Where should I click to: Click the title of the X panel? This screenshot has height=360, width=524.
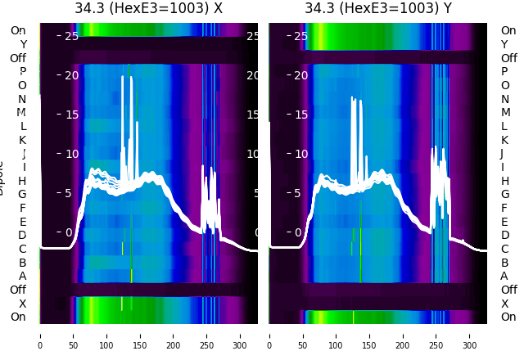coord(148,8)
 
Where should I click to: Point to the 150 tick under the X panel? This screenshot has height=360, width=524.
coord(140,335)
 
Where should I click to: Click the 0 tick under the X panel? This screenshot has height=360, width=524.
coord(40,335)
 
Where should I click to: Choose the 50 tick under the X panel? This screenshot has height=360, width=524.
coord(73,335)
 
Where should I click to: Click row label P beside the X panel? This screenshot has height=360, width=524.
coord(23,72)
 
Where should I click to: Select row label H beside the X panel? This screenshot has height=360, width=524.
coord(23,181)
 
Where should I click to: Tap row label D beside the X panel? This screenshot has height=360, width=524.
coord(23,236)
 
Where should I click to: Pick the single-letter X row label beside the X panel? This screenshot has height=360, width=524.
coord(23,304)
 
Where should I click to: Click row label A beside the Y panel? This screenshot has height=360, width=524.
coord(504,276)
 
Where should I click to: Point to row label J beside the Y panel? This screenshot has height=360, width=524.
coord(502,154)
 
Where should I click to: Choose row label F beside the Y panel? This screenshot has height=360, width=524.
coord(504,208)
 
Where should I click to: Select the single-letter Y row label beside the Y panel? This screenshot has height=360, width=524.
coord(504,44)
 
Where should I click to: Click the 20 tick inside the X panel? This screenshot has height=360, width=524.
coord(71,75)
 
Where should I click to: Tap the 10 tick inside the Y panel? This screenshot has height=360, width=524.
coord(300,154)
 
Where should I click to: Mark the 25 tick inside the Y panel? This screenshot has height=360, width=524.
coord(300,36)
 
